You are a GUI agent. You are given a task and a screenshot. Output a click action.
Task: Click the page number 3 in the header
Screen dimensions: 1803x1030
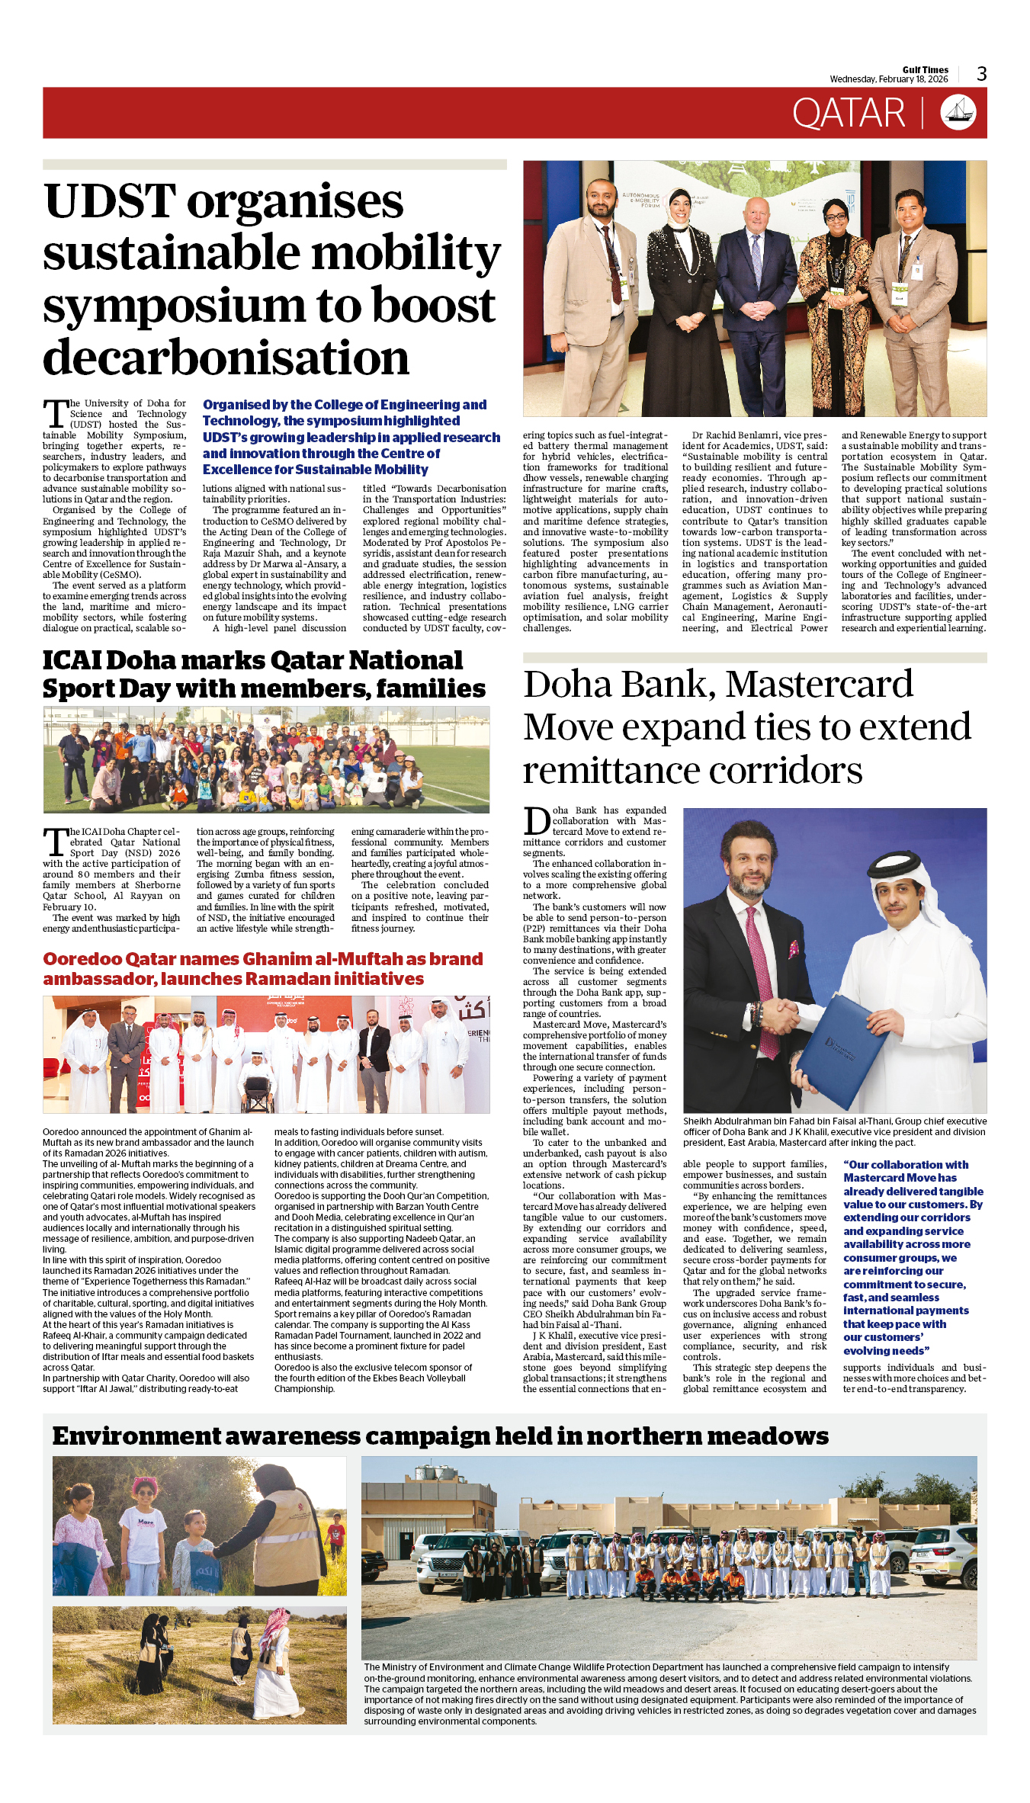point(981,74)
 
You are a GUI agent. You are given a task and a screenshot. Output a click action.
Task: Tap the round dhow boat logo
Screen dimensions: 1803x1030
point(958,113)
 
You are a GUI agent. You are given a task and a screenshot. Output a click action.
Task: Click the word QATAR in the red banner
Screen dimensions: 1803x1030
point(848,114)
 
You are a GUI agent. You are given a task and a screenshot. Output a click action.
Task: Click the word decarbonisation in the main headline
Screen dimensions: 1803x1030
point(226,358)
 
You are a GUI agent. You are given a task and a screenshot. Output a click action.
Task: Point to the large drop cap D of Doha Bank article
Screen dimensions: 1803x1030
point(537,822)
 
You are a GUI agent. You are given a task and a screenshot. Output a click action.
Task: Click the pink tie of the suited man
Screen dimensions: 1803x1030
point(763,984)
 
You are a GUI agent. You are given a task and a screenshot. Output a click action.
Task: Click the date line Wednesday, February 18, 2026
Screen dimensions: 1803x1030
point(888,79)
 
